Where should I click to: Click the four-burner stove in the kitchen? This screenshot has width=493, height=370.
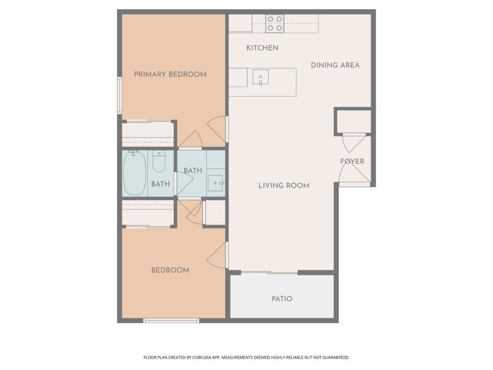coord(275,24)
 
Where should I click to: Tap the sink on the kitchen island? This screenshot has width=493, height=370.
coord(260,77)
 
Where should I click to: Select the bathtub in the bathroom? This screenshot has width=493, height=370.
coord(135,173)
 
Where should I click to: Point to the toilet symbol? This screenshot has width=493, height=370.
coord(159,162)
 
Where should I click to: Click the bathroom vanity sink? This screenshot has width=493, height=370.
coord(216,184)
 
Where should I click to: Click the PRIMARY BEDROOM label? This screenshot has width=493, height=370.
coord(170,74)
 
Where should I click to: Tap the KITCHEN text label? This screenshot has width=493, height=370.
coord(262,48)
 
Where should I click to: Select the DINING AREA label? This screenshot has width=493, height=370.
coord(335,65)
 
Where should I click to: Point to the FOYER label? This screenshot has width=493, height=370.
coord(352,161)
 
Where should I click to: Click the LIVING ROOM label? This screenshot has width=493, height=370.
coord(284,185)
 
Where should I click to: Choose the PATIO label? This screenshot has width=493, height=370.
coord(282,299)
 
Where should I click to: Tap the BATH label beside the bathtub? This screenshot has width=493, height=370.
coord(160,184)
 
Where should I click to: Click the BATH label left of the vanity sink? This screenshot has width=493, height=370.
coord(193,171)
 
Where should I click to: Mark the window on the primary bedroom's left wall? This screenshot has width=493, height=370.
coord(119,95)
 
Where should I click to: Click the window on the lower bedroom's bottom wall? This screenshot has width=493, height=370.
coord(171,320)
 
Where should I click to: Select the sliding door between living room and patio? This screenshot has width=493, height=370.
coord(269,273)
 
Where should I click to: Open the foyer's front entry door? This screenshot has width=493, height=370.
coord(355,184)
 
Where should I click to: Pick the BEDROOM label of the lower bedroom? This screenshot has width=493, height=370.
coord(170,270)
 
